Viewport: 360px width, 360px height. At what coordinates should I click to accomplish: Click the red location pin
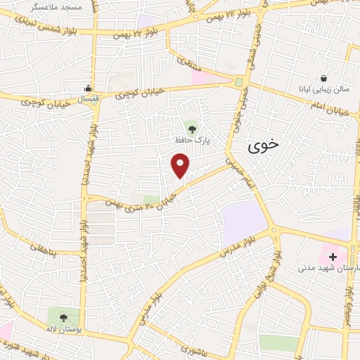coord(181,166)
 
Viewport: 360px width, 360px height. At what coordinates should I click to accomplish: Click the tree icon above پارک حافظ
coord(193,127)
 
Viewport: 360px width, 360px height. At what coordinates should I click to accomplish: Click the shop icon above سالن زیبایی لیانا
coord(323,77)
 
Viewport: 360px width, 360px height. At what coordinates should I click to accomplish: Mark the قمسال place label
coord(86,101)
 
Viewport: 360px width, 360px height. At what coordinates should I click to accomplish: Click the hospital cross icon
coord(332,257)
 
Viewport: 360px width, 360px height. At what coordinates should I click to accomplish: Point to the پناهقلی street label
coord(47,247)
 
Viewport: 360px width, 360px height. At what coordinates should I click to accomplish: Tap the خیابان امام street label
coord(330,108)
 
